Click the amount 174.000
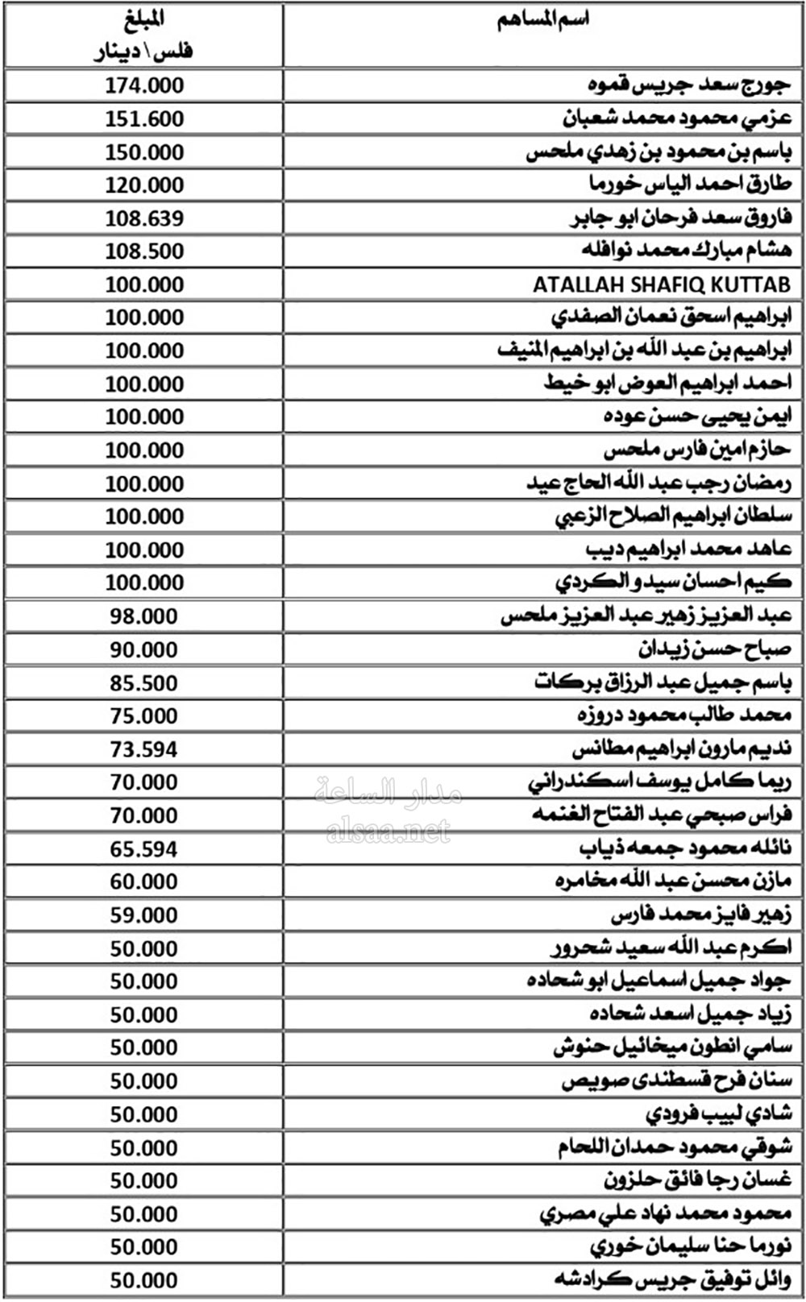click(x=144, y=85)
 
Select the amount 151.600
click(x=144, y=118)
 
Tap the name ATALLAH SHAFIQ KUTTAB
click(x=661, y=284)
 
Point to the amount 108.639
click(x=144, y=218)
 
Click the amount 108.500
click(x=144, y=251)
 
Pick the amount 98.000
click(x=144, y=616)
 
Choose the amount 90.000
click(x=144, y=649)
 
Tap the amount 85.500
click(x=144, y=683)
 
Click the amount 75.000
click(x=144, y=715)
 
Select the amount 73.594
click(x=144, y=749)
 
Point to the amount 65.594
click(x=144, y=849)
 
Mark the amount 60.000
click(x=144, y=881)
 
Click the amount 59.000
click(x=144, y=915)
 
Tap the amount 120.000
click(x=144, y=185)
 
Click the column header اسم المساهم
click(x=543, y=20)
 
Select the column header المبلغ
click(x=145, y=19)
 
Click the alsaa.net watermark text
click(x=388, y=831)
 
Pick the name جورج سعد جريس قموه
click(x=688, y=85)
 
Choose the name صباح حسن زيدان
click(x=715, y=649)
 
